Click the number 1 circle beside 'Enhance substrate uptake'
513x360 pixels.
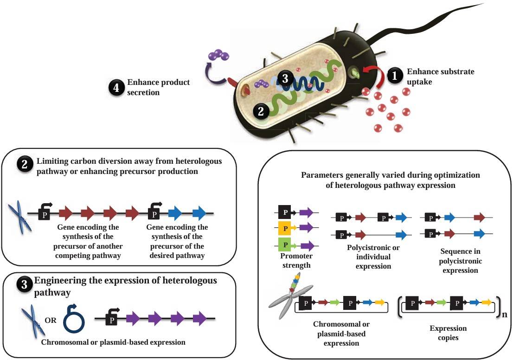tap(395, 76)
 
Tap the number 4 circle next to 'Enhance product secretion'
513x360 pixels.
tap(116, 88)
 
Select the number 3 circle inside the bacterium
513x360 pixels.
tap(285, 78)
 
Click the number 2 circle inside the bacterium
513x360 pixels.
tap(261, 111)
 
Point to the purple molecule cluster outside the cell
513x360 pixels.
tap(218, 55)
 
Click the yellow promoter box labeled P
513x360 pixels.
tap(285, 228)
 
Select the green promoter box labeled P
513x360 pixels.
tap(285, 245)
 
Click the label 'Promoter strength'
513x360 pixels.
tap(296, 261)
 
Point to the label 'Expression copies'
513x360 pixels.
tap(448, 333)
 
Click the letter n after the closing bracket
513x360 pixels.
tap(505, 315)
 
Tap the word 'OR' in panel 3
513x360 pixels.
tap(51, 321)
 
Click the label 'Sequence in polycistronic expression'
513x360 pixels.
tap(460, 261)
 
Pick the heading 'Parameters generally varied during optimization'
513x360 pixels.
tap(391, 175)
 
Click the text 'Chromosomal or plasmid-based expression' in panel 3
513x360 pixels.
tap(113, 342)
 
